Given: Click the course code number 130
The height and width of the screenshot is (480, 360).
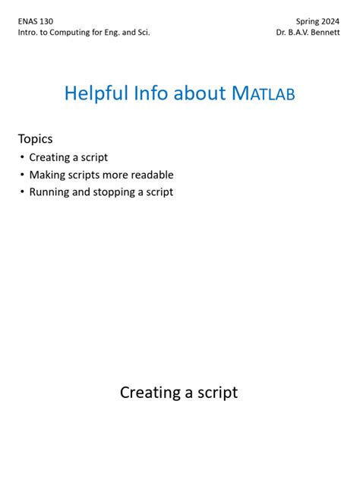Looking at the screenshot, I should click(46, 22).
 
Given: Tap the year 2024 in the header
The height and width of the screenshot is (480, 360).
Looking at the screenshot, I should click(330, 22).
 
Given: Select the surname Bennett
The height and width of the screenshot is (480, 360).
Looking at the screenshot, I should click(324, 33).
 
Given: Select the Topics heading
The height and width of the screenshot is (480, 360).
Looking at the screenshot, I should click(36, 138).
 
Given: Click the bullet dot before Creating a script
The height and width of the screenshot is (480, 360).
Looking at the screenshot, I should click(22, 157).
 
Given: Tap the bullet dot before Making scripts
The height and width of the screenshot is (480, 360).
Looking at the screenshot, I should click(22, 175).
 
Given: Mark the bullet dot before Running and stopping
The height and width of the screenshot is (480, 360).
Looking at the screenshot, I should click(22, 192).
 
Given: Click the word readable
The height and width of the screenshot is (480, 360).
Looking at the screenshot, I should click(151, 175).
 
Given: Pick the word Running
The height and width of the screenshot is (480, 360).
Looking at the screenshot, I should click(49, 192).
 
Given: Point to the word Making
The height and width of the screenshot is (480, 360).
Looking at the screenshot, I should click(47, 175).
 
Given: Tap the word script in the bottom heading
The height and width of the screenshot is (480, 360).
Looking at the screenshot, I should click(216, 393).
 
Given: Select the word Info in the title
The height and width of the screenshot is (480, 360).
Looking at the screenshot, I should click(152, 93).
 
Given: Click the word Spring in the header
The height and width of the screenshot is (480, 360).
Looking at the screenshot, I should click(307, 22).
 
